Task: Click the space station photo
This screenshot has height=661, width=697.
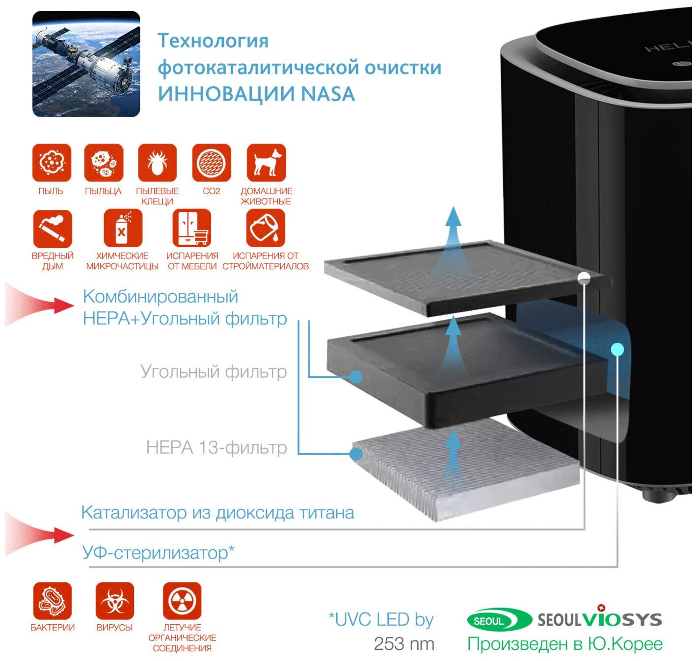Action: click(x=86, y=64)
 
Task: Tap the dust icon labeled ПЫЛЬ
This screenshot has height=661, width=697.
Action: click(x=52, y=162)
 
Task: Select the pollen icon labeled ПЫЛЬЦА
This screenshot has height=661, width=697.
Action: click(x=104, y=162)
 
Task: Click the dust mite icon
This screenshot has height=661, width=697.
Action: click(x=157, y=162)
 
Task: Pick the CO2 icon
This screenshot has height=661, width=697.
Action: click(x=212, y=162)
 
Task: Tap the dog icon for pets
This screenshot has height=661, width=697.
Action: click(x=266, y=162)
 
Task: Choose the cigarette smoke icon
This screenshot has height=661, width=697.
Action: click(x=53, y=228)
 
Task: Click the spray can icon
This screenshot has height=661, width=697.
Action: click(x=123, y=228)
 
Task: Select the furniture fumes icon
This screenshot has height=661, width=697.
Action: click(x=192, y=228)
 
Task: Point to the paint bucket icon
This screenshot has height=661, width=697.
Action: click(x=266, y=228)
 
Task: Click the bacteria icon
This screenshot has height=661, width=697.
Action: click(x=53, y=601)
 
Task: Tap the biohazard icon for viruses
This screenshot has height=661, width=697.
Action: click(x=115, y=601)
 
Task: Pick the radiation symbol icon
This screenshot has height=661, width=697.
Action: click(x=182, y=601)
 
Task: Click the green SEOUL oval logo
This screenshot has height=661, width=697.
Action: click(x=499, y=620)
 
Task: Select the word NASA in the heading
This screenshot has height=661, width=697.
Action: click(x=327, y=94)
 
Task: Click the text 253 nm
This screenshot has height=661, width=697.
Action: click(x=404, y=644)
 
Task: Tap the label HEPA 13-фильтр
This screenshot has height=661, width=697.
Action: click(x=216, y=448)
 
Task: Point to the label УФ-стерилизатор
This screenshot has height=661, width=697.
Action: click(x=158, y=553)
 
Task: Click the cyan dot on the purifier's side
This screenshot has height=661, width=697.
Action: click(x=617, y=349)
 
